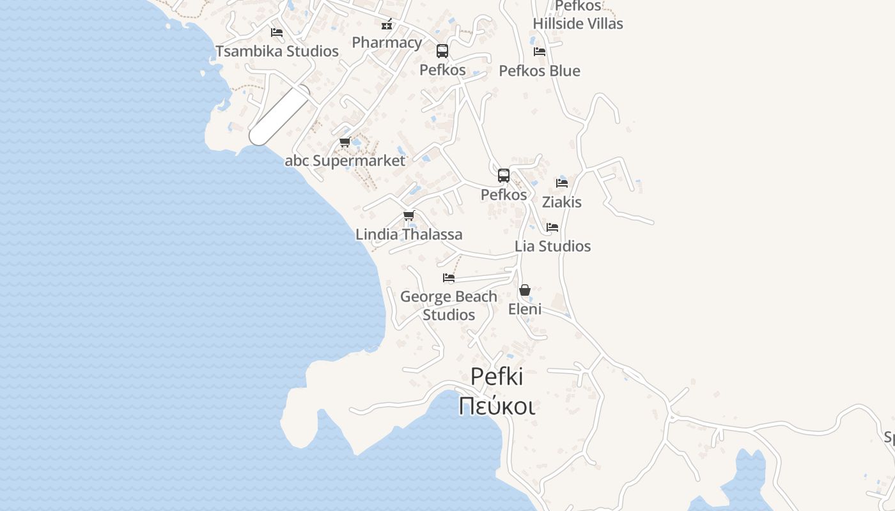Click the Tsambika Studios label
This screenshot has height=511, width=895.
277,51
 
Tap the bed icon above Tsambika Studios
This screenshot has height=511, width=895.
277,32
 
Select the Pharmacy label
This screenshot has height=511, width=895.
387,43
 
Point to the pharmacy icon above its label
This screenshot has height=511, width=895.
387,25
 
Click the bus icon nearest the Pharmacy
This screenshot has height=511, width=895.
442,51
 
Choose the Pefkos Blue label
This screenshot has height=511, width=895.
540,70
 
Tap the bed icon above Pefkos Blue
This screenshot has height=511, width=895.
540,51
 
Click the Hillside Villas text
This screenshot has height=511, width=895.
578,24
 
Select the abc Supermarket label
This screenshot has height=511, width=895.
345,160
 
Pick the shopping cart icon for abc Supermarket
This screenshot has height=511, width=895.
345,142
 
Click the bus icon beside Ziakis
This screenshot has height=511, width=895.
504,175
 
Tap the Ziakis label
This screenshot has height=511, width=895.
562,202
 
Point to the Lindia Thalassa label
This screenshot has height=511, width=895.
409,234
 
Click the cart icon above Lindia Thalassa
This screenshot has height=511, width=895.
409,215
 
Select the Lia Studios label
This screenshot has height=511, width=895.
553,246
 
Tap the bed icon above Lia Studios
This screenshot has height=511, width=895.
552,227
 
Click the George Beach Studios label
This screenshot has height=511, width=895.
449,305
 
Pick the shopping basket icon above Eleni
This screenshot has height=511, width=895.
525,290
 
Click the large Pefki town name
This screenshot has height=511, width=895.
497,377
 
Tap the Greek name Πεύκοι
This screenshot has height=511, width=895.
497,406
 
